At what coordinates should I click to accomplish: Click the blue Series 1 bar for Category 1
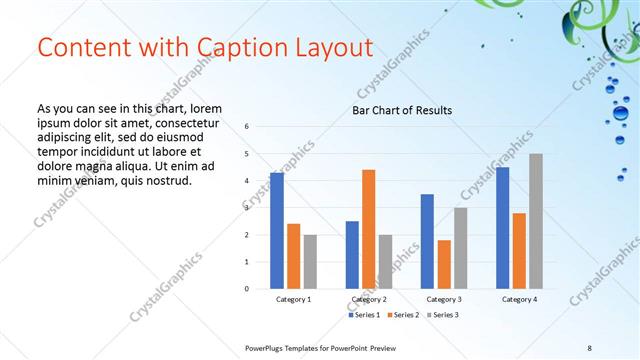(277, 231)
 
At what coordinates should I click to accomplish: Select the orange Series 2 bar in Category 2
(368, 229)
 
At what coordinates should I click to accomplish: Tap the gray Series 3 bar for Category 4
(536, 221)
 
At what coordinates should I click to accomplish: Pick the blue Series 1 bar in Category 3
(427, 241)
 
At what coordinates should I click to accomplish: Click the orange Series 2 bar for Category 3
(443, 264)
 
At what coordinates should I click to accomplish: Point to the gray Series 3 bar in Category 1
(310, 262)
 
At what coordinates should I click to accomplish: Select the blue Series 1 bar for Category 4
(502, 228)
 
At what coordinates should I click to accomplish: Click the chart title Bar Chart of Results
(402, 110)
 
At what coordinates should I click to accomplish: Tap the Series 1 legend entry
(365, 315)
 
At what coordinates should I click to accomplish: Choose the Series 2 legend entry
(402, 315)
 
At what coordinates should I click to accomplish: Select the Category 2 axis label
(369, 299)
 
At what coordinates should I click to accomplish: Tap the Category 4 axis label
(519, 299)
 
